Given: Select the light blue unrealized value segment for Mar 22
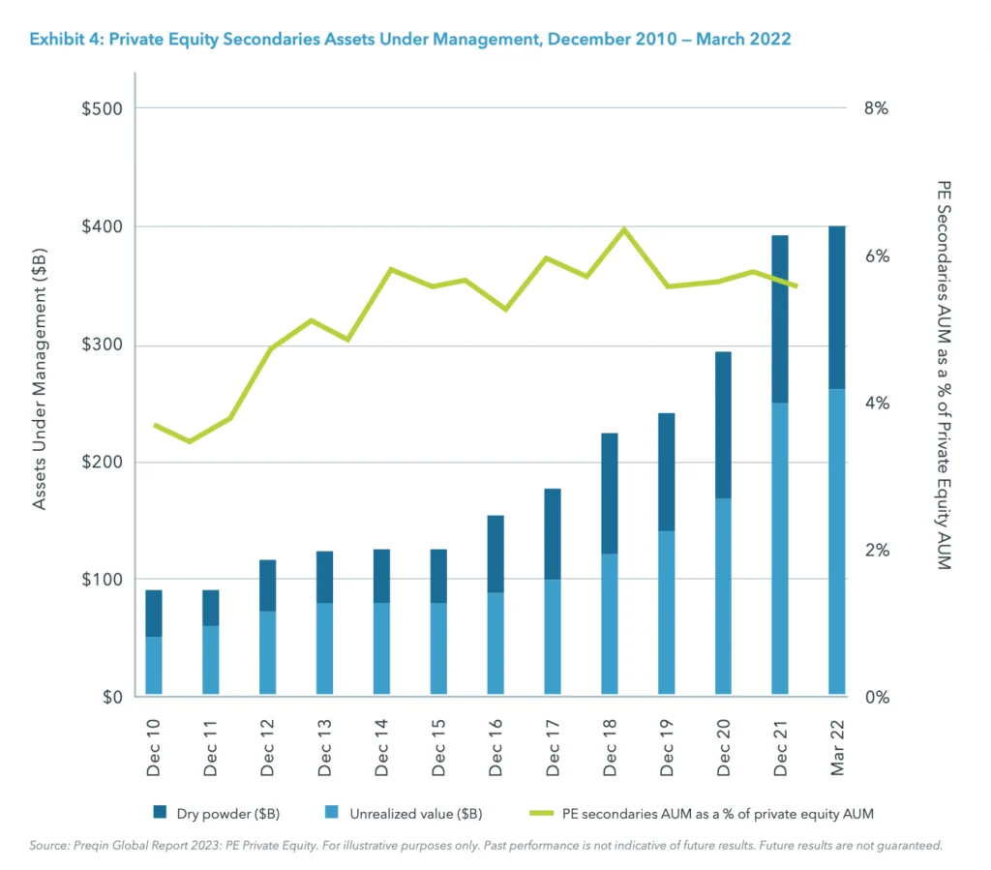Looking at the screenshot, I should click(x=836, y=541).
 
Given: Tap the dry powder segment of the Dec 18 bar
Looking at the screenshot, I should click(x=609, y=493).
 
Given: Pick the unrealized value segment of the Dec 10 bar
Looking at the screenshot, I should click(x=153, y=665).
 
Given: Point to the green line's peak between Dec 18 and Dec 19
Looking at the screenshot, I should click(x=624, y=229).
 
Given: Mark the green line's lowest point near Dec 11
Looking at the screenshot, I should click(x=190, y=441).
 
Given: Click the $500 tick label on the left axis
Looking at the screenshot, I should click(x=101, y=108).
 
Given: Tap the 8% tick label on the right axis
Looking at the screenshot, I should click(x=875, y=108).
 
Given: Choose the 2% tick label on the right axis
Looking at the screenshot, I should click(x=875, y=550).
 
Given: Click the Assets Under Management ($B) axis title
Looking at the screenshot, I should click(x=40, y=379).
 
